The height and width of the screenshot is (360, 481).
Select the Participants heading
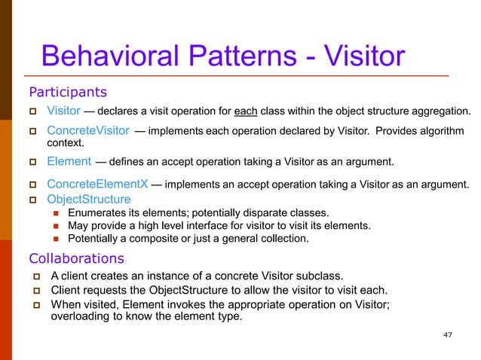(x=67, y=93)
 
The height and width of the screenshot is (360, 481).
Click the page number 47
(x=450, y=334)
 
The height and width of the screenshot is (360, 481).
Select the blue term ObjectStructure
(x=88, y=200)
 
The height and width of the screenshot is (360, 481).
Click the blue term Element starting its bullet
(x=69, y=160)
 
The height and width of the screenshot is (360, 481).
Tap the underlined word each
(x=246, y=112)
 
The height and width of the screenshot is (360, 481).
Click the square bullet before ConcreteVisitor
(x=32, y=132)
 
